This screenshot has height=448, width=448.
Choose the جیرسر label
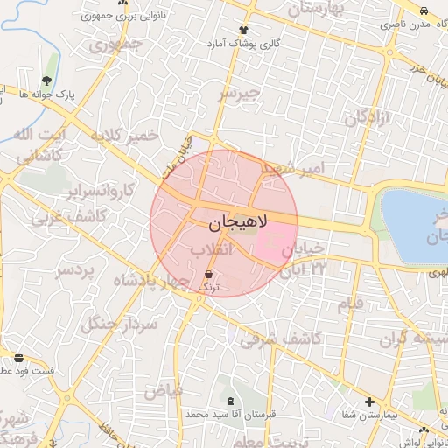coord(240,92)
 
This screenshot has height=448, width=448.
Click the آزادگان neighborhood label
coord(367,116)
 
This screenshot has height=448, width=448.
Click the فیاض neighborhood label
coord(163,390)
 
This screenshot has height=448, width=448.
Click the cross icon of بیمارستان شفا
coord(370,402)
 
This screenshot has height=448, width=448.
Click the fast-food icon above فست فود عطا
coord(19,358)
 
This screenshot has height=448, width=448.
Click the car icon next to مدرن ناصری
coord(424,11)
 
